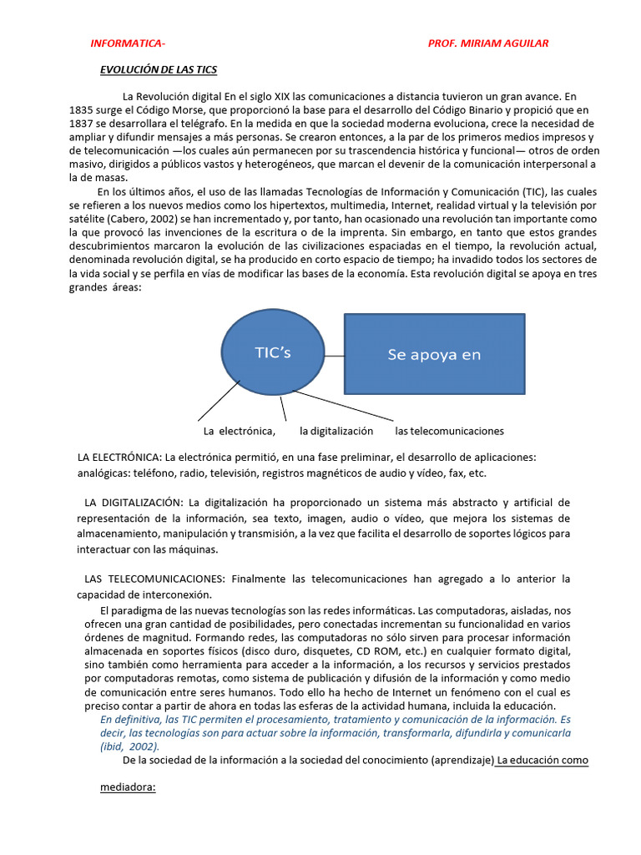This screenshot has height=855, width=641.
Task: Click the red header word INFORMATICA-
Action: tap(128, 43)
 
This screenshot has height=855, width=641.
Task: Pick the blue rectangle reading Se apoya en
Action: tap(434, 354)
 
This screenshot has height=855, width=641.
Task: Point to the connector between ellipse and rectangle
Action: tap(334, 355)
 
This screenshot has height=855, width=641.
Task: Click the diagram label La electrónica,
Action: tap(240, 432)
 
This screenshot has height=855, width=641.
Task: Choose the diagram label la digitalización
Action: tap(336, 432)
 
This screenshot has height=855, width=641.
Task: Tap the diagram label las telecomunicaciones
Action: tap(449, 432)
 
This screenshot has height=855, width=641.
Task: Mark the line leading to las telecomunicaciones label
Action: tap(342, 404)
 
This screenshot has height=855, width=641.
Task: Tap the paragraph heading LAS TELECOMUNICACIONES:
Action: tap(154, 579)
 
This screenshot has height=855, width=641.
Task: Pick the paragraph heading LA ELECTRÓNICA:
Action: tap(119, 458)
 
